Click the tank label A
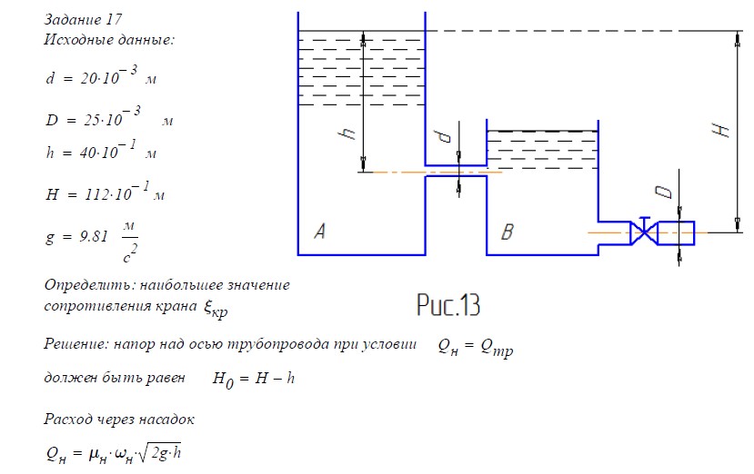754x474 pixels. (x=320, y=231)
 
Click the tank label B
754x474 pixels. (x=508, y=232)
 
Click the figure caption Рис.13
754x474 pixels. (x=448, y=304)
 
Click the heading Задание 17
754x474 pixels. (x=83, y=20)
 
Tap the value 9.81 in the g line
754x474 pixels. (x=94, y=236)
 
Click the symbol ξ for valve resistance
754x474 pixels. (x=207, y=307)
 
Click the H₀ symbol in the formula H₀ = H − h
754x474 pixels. (x=223, y=380)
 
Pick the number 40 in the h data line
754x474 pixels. (x=88, y=153)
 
